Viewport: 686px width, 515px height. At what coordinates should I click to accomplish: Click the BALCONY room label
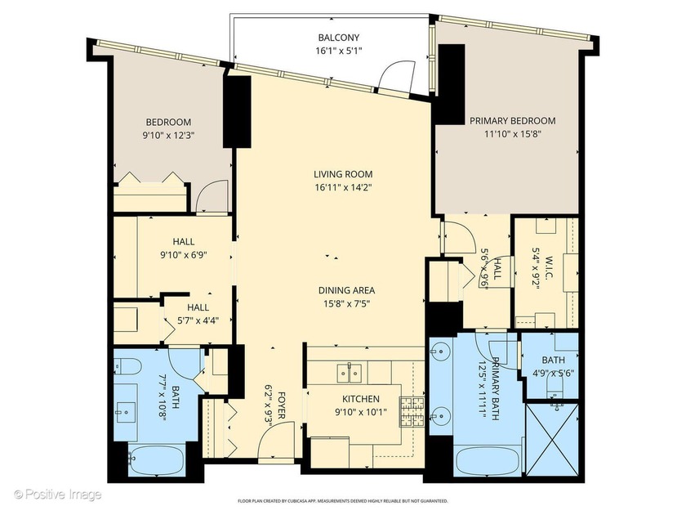338,38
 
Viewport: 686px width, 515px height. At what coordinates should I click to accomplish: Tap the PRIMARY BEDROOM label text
512,120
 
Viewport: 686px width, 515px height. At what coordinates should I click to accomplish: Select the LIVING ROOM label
343,174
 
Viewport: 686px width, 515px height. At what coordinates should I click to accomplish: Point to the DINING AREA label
347,290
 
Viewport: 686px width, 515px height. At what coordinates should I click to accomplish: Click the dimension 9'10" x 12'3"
168,136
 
